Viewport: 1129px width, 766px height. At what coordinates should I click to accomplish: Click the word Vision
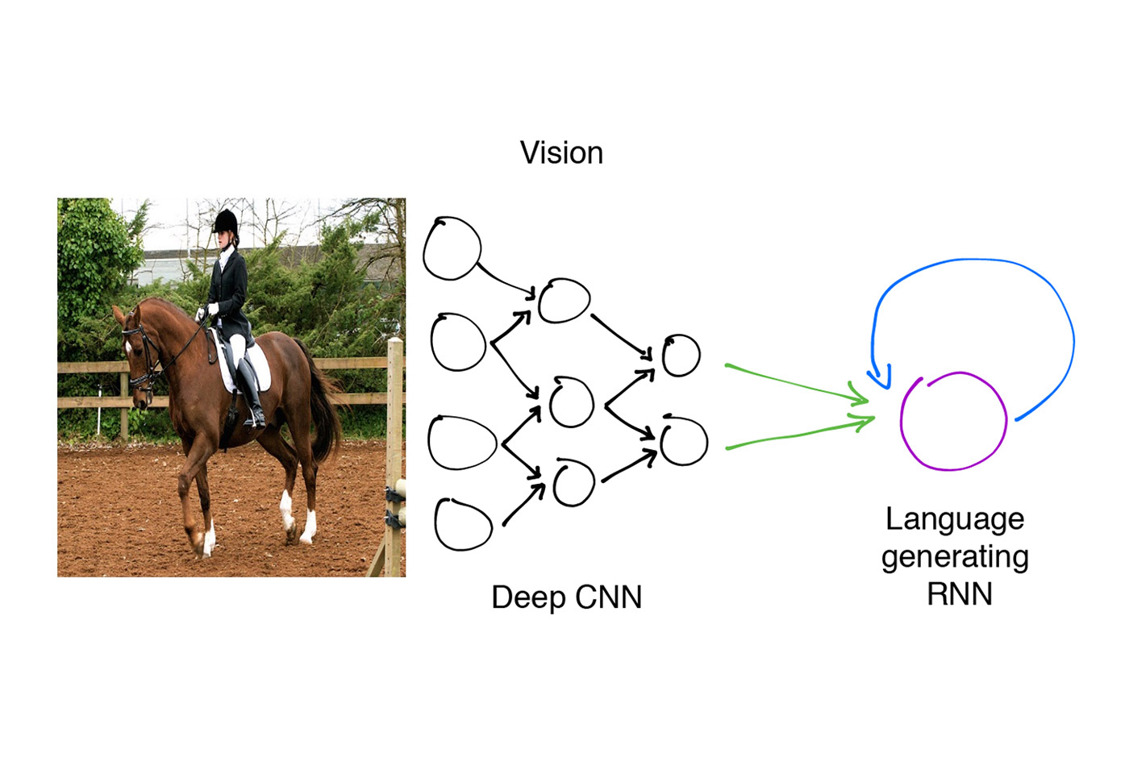tap(561, 152)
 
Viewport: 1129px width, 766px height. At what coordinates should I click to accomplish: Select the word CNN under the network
tap(605, 597)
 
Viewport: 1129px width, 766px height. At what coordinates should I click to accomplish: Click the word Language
tap(954, 519)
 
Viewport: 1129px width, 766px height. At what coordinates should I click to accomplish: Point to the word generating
tap(954, 557)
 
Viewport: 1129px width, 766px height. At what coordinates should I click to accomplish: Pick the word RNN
tap(959, 594)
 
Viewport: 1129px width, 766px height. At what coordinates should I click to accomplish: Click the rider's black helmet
tap(226, 220)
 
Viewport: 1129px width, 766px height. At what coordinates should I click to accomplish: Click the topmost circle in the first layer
tap(452, 248)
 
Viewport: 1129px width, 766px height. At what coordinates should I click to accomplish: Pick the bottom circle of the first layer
tap(463, 524)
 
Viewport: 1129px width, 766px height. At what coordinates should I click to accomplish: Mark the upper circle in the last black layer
tap(681, 356)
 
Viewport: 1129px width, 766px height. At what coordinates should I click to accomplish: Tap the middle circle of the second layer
tap(572, 402)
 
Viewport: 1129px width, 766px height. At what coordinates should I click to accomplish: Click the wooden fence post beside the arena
tap(394, 452)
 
